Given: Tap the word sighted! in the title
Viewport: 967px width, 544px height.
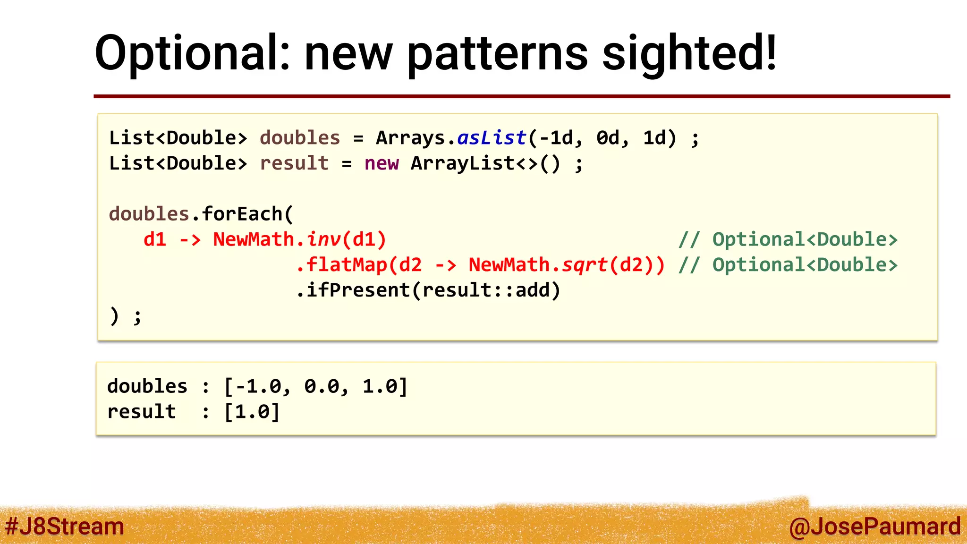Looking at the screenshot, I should pyautogui.click(x=689, y=53).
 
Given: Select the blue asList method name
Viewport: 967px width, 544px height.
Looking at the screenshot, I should pyautogui.click(x=492, y=138).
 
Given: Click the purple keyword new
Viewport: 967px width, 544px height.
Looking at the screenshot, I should pyautogui.click(x=382, y=163).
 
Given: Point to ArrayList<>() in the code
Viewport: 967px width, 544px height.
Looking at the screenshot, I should pyautogui.click(x=485, y=163).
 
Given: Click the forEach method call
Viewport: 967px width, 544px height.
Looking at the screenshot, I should pyautogui.click(x=242, y=214).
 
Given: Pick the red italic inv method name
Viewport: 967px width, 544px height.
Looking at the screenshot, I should pyautogui.click(x=324, y=239).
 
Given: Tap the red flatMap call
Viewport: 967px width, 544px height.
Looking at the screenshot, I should pyautogui.click(x=347, y=265).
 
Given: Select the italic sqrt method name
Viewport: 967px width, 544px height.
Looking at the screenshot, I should pyautogui.click(x=584, y=265).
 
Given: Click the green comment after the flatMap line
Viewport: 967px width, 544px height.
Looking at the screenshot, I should pyautogui.click(x=788, y=265).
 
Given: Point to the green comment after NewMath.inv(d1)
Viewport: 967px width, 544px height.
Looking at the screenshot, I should pyautogui.click(x=788, y=239).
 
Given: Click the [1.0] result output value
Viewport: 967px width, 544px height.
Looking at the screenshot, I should pyautogui.click(x=252, y=412).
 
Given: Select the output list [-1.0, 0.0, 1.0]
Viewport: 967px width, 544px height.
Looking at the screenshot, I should pyautogui.click(x=315, y=386).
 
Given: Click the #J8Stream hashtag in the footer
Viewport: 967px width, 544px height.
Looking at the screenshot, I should pyautogui.click(x=65, y=526).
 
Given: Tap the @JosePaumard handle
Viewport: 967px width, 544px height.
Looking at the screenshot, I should pyautogui.click(x=874, y=526).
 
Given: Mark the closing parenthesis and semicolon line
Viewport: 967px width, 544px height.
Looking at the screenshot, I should pyautogui.click(x=125, y=316).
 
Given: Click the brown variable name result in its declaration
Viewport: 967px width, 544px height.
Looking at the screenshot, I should pyautogui.click(x=294, y=163).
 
